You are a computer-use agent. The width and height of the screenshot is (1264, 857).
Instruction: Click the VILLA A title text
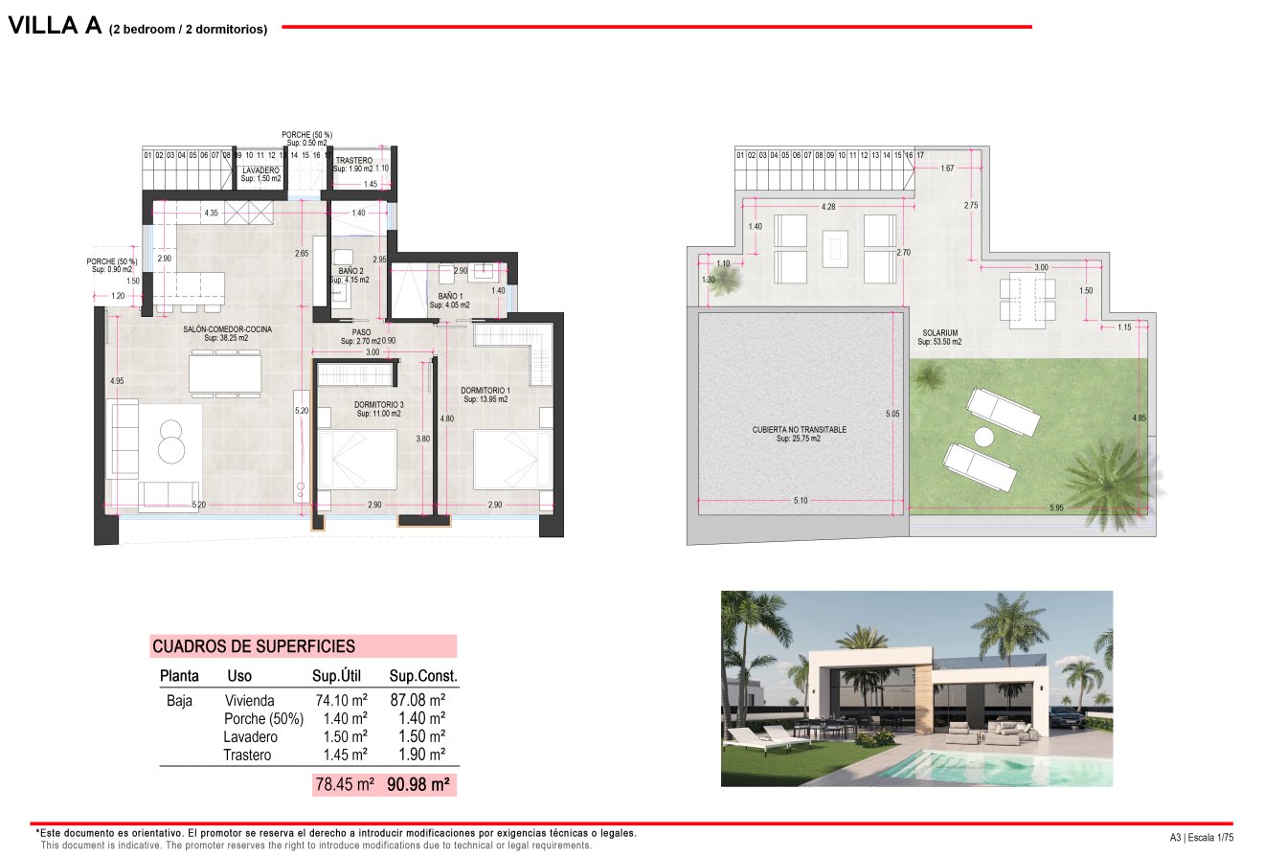click(55, 26)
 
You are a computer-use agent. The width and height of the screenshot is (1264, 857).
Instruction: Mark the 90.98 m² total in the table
click(418, 785)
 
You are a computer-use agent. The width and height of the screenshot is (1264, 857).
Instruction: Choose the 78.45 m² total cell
click(345, 785)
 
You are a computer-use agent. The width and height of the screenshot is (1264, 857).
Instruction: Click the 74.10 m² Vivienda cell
click(341, 701)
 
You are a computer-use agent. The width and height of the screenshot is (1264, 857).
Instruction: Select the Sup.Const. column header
click(423, 676)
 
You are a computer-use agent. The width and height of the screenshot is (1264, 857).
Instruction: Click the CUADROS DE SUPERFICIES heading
click(254, 647)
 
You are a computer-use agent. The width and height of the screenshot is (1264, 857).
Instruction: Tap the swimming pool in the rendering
click(986, 767)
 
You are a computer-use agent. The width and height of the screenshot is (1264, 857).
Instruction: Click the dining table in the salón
click(225, 372)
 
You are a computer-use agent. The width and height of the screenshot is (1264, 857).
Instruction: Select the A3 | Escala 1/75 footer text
click(1202, 838)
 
